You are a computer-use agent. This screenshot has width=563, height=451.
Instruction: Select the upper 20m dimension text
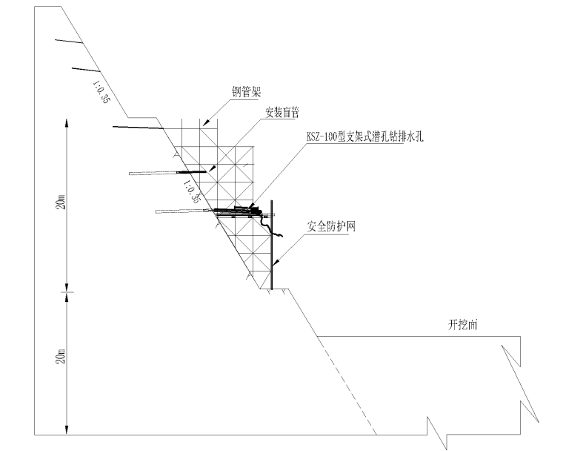62,201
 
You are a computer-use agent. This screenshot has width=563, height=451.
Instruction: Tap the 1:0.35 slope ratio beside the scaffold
192,189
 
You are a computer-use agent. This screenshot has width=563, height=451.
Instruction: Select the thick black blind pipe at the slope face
190,172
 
